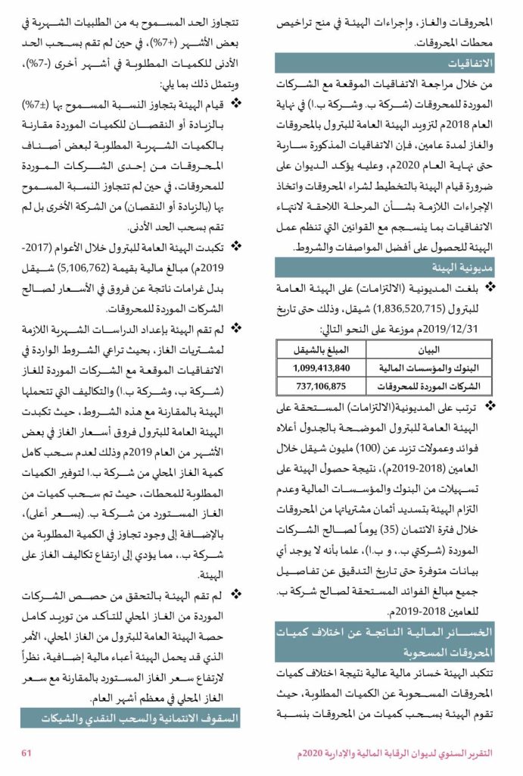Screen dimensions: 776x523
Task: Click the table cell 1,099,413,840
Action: pyautogui.click(x=321, y=368)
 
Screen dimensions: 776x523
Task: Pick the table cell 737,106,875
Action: pyautogui.click(x=321, y=385)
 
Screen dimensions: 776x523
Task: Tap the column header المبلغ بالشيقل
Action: pyautogui.click(x=321, y=352)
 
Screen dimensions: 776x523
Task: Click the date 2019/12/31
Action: pyautogui.click(x=448, y=327)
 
